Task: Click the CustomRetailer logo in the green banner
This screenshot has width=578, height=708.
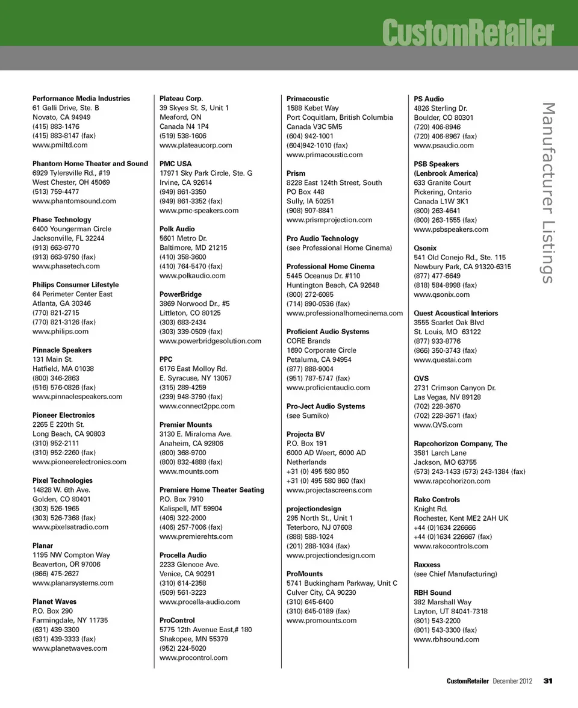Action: pos(467,33)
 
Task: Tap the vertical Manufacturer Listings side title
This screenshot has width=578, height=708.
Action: pos(547,193)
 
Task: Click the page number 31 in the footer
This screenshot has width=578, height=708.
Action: pos(548,681)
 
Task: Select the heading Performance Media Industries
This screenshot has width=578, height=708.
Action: pos(81,98)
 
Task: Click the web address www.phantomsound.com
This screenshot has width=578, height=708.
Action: pos(74,201)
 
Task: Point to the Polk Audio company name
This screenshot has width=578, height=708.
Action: pos(177,229)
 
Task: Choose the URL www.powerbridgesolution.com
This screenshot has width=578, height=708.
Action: pos(210,341)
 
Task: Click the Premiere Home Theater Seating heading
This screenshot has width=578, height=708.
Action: pos(211,490)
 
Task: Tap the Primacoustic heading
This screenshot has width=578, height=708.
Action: pos(308,98)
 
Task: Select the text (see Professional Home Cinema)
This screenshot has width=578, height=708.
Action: pos(339,248)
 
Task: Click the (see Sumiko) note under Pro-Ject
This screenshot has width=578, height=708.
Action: pos(308,415)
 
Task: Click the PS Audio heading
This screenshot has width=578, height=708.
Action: pos(429,99)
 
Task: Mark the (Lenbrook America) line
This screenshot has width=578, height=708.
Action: pos(446,173)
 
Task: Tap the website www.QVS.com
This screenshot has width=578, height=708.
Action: pos(438,425)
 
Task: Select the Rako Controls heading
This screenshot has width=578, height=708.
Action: pos(437,500)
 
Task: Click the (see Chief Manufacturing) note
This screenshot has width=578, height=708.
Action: pos(455,574)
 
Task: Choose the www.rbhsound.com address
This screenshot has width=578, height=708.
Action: pos(446,639)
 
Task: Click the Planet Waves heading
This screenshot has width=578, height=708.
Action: pos(54,601)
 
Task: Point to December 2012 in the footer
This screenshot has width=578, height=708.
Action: pos(512,681)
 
